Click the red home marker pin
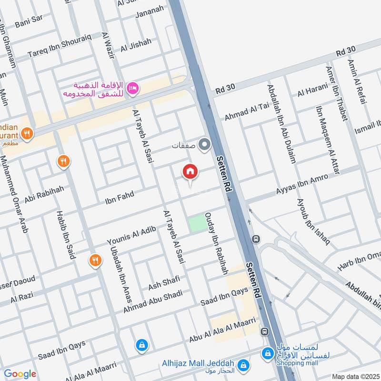(x=190, y=171)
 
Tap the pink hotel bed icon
(x=133, y=88)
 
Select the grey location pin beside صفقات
(x=205, y=144)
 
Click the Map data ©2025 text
(x=354, y=376)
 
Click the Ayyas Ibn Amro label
(x=302, y=185)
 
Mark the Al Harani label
(x=313, y=90)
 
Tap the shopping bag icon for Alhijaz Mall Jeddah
(x=243, y=364)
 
